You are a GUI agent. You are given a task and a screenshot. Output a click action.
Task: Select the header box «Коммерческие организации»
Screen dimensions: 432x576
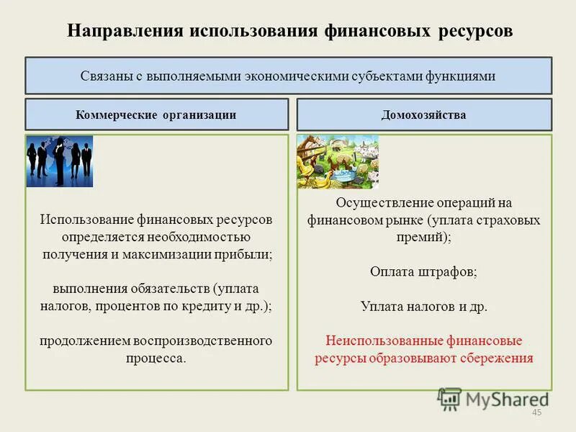156,114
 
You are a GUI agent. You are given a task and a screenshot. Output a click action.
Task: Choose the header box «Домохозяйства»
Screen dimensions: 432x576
424,114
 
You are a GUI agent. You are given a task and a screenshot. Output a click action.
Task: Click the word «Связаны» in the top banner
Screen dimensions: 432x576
104,76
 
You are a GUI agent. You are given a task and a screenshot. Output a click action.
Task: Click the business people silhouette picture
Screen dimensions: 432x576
60,161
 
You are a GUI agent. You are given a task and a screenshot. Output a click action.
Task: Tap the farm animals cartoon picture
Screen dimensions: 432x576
338,162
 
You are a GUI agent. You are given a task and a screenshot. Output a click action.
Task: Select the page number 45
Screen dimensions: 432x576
536,412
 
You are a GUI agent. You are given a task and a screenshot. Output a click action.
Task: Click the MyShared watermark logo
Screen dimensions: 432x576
493,398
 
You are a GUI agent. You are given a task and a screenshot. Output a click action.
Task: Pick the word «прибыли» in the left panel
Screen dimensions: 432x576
248,254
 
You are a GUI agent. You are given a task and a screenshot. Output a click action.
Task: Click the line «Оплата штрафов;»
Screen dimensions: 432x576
423,272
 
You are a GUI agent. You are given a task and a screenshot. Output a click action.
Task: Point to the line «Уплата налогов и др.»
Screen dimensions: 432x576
423,306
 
